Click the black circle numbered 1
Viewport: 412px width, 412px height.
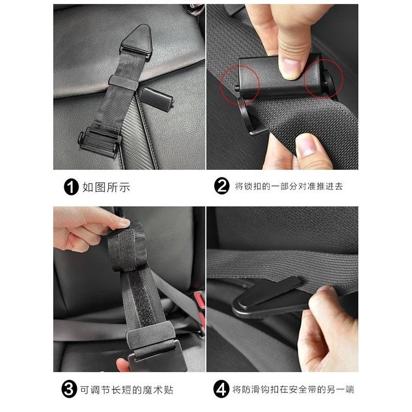click(71, 187)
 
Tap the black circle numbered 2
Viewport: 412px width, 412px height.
click(222, 186)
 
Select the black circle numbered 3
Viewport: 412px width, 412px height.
click(69, 389)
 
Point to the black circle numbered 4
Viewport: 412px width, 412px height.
click(221, 389)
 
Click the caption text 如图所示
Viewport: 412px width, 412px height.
click(107, 187)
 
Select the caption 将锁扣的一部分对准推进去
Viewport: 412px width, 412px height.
click(289, 186)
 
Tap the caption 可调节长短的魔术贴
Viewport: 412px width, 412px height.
click(127, 390)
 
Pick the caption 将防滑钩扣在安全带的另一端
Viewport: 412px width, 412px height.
click(293, 389)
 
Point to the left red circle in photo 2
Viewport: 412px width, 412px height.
click(240, 85)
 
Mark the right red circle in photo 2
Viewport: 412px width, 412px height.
click(324, 79)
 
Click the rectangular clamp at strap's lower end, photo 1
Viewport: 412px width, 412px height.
click(99, 142)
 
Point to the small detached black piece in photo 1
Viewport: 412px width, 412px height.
click(157, 98)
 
